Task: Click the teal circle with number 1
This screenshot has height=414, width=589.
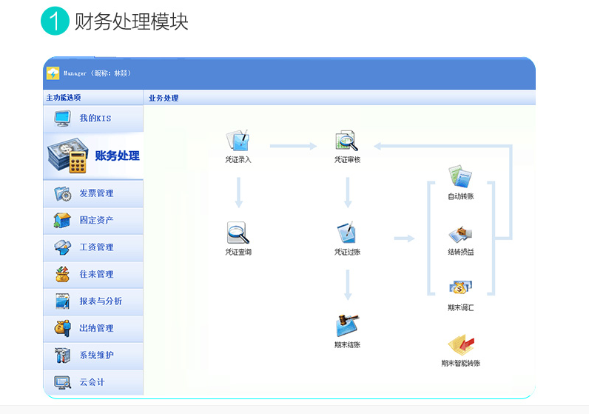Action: (55, 21)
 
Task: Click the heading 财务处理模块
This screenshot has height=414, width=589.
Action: (131, 21)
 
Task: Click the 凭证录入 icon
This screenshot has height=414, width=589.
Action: (238, 141)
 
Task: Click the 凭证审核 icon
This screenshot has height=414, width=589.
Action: (346, 141)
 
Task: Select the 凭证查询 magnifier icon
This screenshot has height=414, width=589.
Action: (238, 233)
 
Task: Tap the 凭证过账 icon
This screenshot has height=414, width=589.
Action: (346, 233)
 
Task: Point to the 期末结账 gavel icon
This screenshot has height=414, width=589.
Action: (346, 325)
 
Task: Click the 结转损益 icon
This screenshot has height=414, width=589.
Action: (460, 234)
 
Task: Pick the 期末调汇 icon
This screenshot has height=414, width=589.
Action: (460, 287)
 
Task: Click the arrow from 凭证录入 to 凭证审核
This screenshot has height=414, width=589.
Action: (293, 146)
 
